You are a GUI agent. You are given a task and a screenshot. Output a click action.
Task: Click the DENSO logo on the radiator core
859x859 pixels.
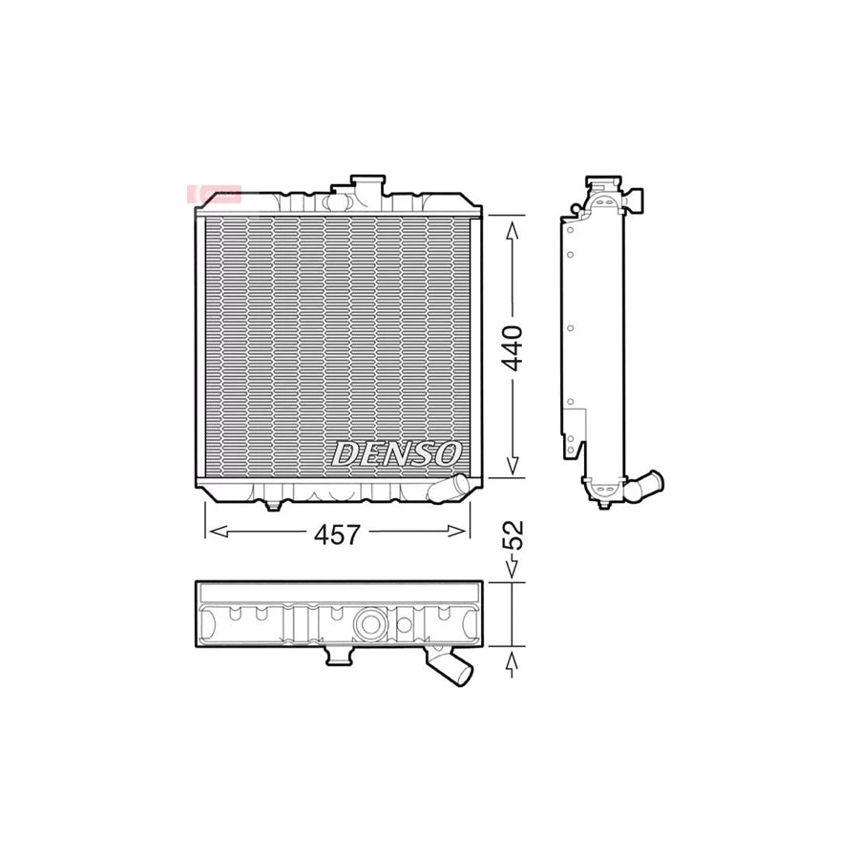pos(397,453)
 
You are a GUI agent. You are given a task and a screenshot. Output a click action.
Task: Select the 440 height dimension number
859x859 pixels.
pos(513,347)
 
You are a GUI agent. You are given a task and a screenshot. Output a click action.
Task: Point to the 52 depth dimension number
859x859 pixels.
pos(513,535)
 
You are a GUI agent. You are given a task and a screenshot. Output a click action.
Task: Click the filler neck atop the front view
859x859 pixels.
pos(367,185)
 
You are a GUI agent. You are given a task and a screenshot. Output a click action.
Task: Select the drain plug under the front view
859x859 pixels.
pos(273,503)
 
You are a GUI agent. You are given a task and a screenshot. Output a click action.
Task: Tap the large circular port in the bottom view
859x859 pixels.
pos(368,625)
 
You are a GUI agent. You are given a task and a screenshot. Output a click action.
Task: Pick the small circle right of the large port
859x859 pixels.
pos(404,626)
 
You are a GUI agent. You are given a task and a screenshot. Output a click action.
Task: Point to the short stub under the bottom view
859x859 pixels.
pos(336,657)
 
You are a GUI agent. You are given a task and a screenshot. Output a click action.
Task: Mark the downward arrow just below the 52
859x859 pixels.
pos(513,570)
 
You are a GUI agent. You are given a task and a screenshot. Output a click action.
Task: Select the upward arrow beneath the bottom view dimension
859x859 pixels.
pos(513,661)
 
